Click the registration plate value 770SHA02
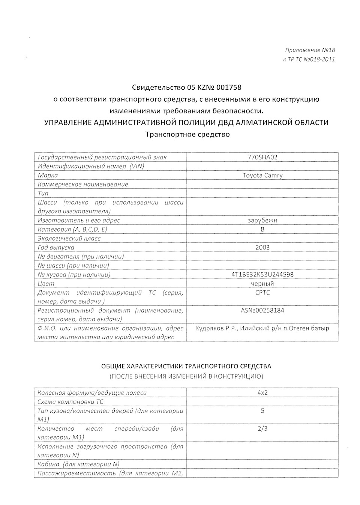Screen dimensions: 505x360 pos(262,157)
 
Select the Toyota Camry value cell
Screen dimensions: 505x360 pos(262,175)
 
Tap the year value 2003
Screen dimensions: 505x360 pos(262,247)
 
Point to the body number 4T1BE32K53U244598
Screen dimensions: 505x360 pos(262,274)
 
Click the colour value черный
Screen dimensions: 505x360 pos(262,284)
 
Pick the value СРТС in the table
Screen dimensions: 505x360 pos(262,293)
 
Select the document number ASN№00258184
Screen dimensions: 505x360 pos(262,310)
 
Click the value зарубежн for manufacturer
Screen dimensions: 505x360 pos(262,220)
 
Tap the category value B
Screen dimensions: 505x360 pos(262,229)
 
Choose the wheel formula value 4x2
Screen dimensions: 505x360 pos(262,393)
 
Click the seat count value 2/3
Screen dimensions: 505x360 pos(262,428)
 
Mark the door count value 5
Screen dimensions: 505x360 pos(262,411)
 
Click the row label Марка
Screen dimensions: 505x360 pos(48,175)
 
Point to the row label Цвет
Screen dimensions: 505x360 pos(46,284)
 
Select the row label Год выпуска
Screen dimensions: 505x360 pos(56,247)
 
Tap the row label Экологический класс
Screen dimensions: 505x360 pos(69,238)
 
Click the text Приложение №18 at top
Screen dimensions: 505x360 pos(310,50)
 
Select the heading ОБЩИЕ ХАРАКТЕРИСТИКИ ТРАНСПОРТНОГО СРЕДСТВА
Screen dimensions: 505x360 pos(186,366)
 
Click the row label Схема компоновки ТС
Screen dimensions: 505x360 pos(70,402)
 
